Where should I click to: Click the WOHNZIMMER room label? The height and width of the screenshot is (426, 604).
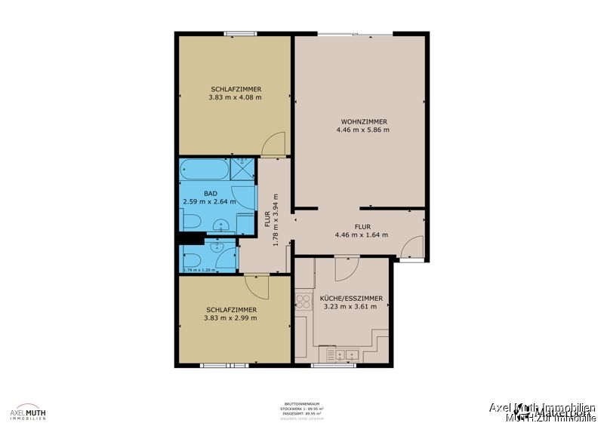pos(364,121)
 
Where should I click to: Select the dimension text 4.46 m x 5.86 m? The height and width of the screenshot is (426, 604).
pos(363,130)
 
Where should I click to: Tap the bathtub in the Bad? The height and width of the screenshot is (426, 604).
pos(204,170)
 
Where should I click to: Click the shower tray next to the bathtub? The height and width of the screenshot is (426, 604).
pos(244,170)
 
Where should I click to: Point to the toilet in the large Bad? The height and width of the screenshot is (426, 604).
pos(191,222)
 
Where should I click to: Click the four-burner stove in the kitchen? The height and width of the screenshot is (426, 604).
pos(303,302)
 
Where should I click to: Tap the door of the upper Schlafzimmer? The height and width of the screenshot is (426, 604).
pos(273,144)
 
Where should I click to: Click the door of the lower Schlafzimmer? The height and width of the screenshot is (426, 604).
pos(257,287)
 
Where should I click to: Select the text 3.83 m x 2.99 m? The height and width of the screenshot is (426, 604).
pos(230,318)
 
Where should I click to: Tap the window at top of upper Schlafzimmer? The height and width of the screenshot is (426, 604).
pos(240,32)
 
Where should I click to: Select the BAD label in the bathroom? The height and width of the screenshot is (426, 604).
pos(210,194)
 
